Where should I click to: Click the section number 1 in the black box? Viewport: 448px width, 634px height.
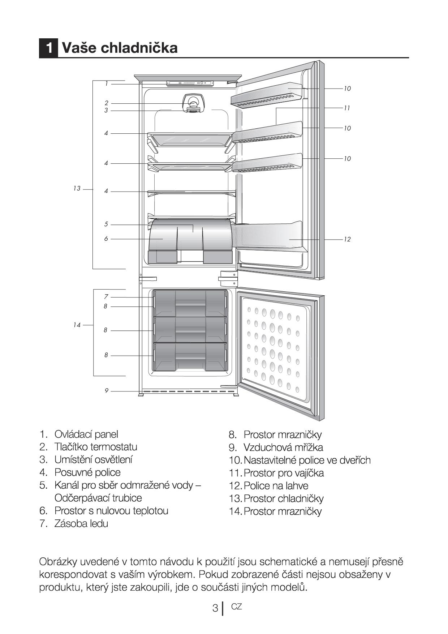(48, 48)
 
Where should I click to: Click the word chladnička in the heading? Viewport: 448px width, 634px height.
(139, 48)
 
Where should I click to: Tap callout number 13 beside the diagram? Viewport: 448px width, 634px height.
(77, 189)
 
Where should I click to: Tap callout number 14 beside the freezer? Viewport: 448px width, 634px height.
(77, 325)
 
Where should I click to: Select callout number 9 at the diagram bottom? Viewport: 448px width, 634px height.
(107, 391)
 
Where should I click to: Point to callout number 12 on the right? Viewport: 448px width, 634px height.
(347, 239)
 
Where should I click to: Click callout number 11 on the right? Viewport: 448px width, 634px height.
(347, 108)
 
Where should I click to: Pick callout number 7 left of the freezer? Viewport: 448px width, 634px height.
(106, 297)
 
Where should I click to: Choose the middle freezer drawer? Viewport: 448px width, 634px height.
(190, 330)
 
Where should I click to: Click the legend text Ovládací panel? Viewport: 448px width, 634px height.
(86, 434)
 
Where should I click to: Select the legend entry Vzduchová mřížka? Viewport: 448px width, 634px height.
(283, 447)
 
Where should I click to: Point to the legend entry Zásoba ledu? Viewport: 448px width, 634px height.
(81, 523)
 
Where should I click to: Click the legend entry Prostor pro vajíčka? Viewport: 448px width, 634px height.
(284, 473)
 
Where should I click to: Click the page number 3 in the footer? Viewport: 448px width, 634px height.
(215, 608)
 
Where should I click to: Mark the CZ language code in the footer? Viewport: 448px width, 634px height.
(236, 607)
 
